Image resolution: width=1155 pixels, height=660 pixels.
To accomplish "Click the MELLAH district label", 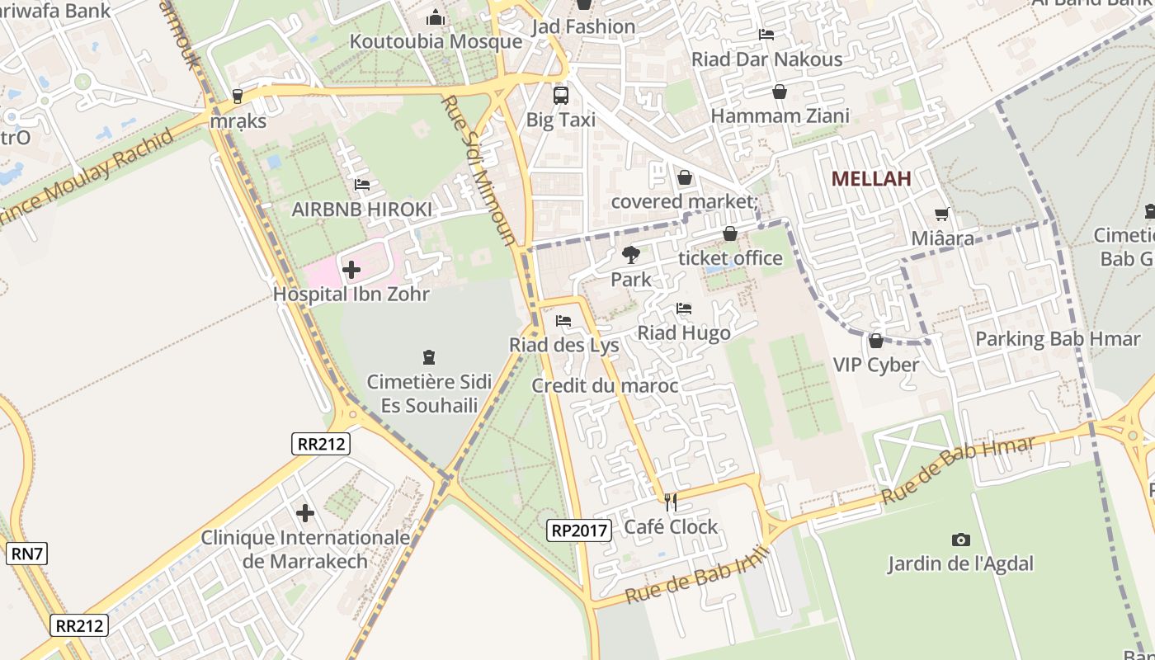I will tap(871, 178).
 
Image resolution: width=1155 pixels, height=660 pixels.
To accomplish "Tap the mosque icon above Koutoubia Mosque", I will tap(436, 17).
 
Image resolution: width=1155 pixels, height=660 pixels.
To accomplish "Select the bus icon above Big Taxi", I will tap(561, 95).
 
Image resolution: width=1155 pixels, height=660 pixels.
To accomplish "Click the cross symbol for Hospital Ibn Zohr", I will tap(351, 270).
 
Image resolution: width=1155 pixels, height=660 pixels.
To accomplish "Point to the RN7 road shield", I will tap(26, 554).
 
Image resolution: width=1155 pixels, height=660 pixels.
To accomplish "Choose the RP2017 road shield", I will tap(579, 530).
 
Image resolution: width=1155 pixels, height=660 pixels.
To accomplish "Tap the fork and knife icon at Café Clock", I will tap(671, 502).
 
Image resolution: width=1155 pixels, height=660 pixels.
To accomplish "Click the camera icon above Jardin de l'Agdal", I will tap(960, 540).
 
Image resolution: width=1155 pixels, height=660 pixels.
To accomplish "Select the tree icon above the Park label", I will tap(631, 255).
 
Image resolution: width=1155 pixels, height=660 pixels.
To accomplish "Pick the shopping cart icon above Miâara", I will tap(942, 214).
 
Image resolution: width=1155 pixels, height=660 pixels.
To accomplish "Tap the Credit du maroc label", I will tap(605, 385).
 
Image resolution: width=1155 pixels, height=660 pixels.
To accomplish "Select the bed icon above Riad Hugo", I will tap(683, 309).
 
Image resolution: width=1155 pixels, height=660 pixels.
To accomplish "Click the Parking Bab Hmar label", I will tap(1058, 339).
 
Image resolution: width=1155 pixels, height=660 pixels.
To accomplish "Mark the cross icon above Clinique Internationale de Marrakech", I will tap(305, 513).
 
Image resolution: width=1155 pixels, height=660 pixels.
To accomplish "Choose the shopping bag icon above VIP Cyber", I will tap(876, 340).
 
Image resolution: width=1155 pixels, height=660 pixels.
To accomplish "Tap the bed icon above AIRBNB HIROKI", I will tap(361, 185).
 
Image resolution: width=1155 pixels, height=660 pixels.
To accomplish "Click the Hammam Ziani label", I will tap(780, 116).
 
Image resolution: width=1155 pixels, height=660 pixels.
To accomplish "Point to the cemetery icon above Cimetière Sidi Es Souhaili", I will tap(429, 357).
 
